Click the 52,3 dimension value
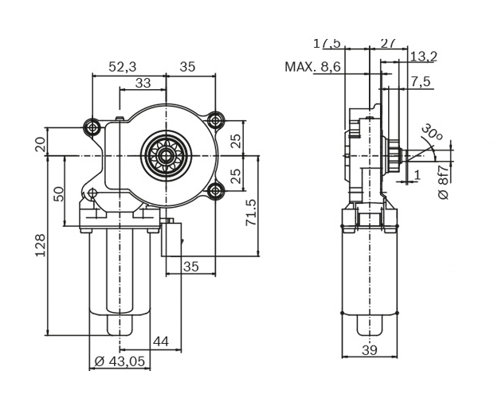point(122,68)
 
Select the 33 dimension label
point(143,83)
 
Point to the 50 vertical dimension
point(59,193)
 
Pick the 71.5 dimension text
point(251,213)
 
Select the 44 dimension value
point(160,342)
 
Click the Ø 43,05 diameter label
point(120,361)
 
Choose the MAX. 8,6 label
point(312,68)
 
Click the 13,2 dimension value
point(423,56)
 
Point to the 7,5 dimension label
point(421,82)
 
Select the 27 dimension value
point(388,42)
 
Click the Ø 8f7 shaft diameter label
point(444,182)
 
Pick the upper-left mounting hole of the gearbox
point(93,127)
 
